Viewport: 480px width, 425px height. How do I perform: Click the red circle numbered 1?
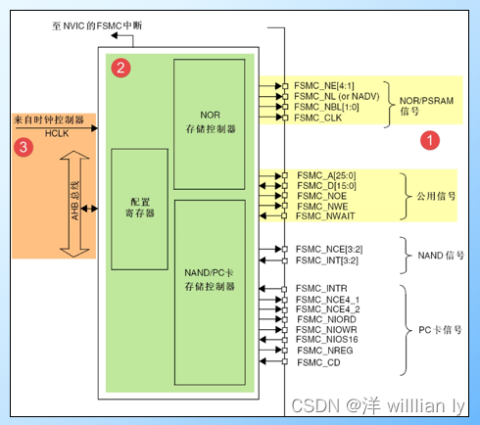click(x=428, y=140)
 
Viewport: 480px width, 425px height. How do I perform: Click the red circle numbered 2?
click(x=120, y=68)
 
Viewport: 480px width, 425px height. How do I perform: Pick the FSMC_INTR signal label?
click(x=321, y=288)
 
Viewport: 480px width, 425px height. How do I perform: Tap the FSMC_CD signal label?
click(x=317, y=361)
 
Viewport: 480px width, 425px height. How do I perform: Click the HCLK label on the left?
click(x=56, y=132)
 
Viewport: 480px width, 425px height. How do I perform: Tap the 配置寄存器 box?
click(x=139, y=209)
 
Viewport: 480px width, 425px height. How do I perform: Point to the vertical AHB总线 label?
click(x=76, y=210)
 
